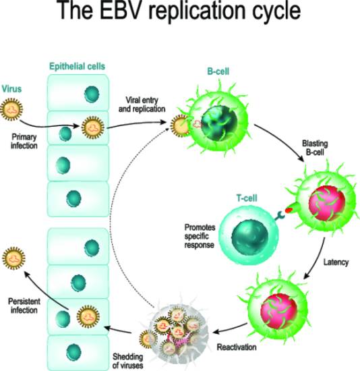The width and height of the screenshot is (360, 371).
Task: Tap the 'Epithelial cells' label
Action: pos(77,67)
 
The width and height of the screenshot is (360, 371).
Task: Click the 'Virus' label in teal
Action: pos(11,89)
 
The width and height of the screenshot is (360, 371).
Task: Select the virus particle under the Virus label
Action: pos(11,109)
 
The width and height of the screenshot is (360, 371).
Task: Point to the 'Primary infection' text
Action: pos(24,141)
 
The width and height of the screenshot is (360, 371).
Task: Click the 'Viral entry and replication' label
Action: pos(142,105)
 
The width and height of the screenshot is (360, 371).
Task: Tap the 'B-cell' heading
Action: pos(218,72)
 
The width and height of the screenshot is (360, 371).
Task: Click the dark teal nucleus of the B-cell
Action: pos(219,123)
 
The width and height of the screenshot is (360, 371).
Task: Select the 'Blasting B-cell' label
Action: pos(315,148)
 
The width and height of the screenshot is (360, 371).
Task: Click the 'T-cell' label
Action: pos(247,198)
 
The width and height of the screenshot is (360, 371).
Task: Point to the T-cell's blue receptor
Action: pos(280,216)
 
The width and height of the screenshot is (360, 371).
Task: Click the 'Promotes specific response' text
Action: pos(200,236)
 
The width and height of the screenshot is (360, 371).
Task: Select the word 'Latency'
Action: pos(336,262)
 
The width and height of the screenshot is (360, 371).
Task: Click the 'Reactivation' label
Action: pos(237,347)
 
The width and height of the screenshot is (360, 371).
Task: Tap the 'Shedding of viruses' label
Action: pos(128,361)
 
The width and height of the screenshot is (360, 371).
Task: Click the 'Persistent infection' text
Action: pos(24,306)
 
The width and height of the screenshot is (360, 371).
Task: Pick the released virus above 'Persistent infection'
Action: pos(13,258)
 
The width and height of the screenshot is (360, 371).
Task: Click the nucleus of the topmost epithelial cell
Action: pos(92,94)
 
